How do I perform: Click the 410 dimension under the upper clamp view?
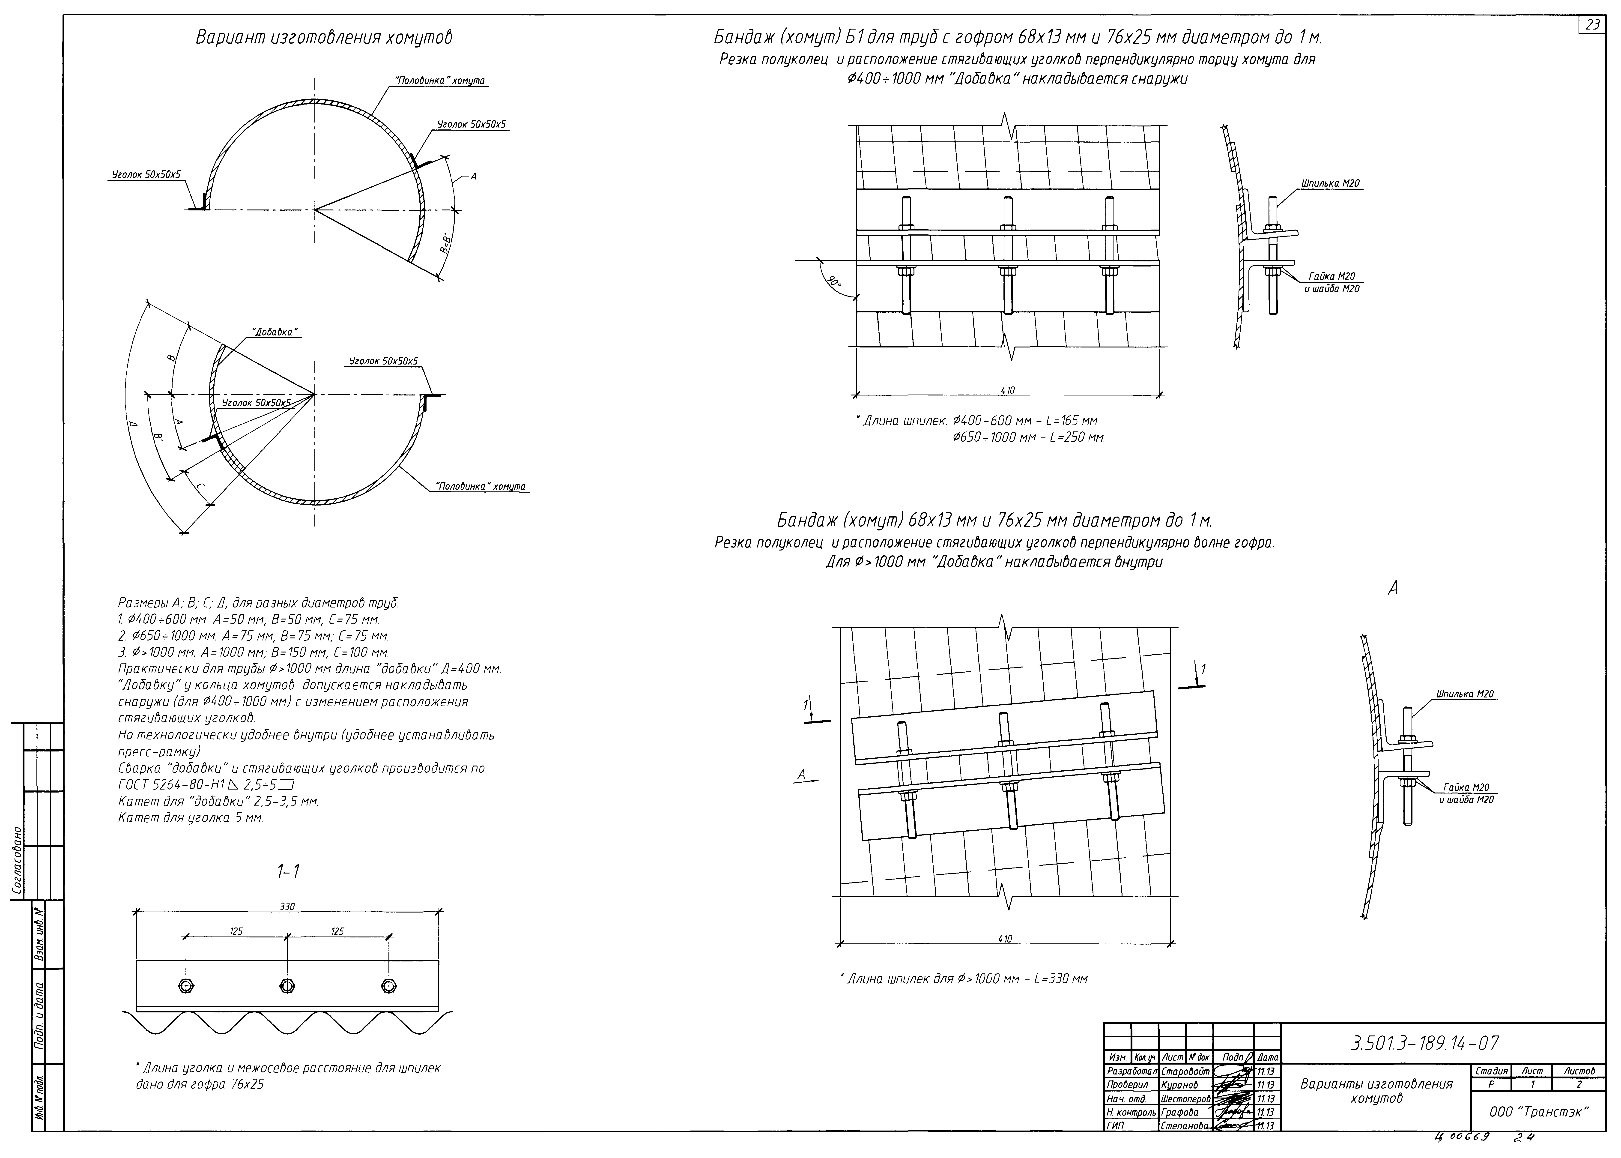coord(1007,390)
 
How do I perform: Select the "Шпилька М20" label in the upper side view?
coord(1330,183)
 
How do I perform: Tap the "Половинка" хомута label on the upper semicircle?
coord(440,81)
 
